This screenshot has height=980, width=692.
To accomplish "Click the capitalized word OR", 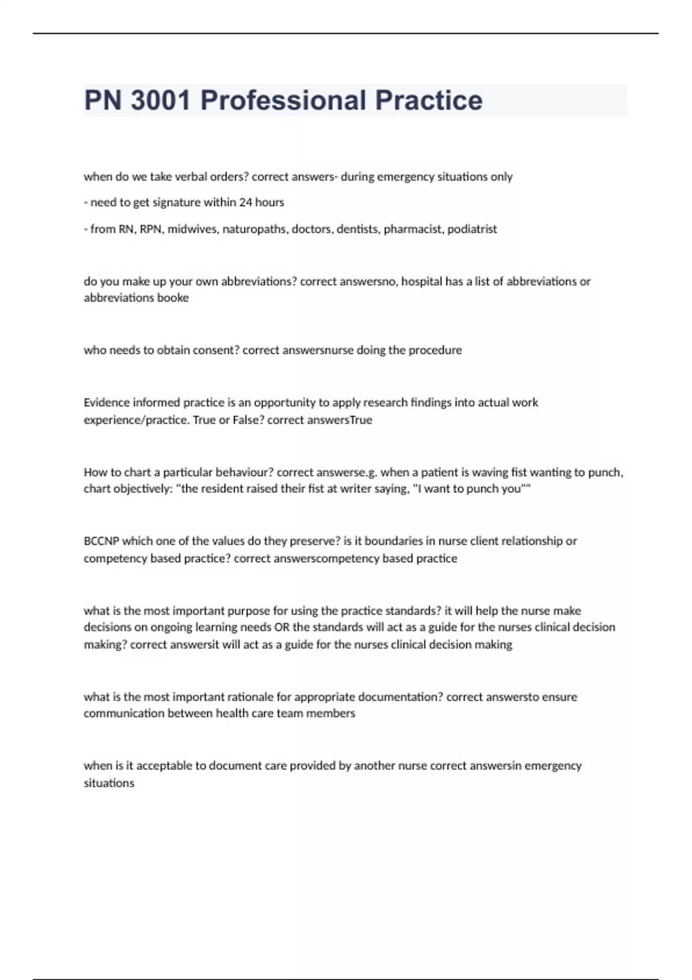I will pyautogui.click(x=282, y=627).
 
